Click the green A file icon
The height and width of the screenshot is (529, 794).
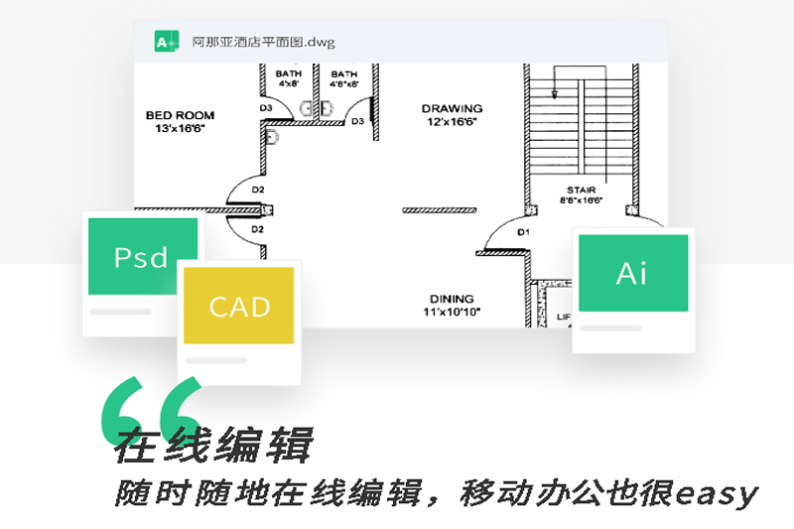click(x=165, y=42)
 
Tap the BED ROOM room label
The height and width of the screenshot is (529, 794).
click(x=180, y=115)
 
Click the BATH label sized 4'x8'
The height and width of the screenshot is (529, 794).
click(x=289, y=73)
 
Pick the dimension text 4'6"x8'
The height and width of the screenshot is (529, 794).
click(x=344, y=84)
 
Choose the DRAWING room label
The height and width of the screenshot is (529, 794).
click(x=452, y=108)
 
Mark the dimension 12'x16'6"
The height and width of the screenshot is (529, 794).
click(x=453, y=121)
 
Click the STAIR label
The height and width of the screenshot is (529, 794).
click(x=581, y=188)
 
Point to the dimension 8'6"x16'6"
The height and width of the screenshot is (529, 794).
click(x=581, y=199)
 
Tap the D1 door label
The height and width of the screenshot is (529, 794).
click(x=523, y=231)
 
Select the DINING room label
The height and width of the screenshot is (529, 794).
click(x=452, y=299)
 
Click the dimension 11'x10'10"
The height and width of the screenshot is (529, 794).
click(x=452, y=312)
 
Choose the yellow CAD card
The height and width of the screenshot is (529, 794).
click(x=239, y=306)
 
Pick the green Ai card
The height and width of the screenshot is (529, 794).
click(x=632, y=273)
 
